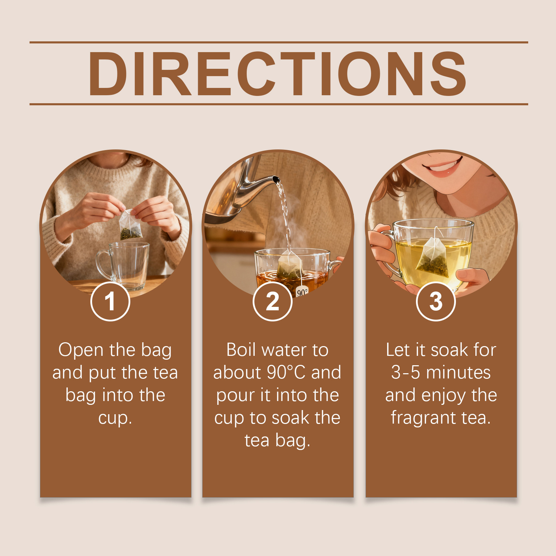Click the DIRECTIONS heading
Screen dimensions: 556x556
(277, 73)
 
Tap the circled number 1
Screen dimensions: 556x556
(110, 301)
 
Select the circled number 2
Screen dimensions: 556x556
(272, 301)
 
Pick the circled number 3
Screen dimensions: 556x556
(436, 301)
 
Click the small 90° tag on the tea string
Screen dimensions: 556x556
(302, 292)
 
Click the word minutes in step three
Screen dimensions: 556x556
(458, 372)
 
